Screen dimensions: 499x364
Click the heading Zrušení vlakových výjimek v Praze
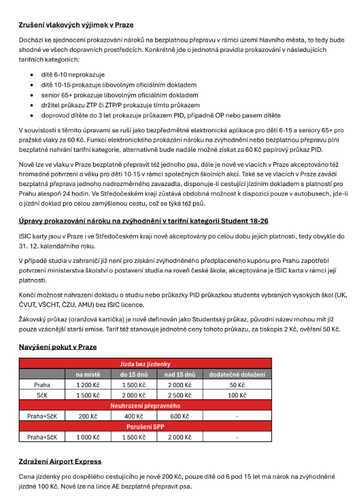point(76,25)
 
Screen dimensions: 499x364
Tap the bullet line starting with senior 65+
point(119,95)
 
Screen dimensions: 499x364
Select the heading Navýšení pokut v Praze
point(57,347)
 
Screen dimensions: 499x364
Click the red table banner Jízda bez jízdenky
point(145,364)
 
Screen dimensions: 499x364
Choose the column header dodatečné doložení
point(237,374)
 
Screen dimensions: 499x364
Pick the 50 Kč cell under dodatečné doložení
point(237,385)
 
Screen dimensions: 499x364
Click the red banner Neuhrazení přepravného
point(145,406)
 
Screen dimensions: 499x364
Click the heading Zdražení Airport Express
point(60,461)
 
